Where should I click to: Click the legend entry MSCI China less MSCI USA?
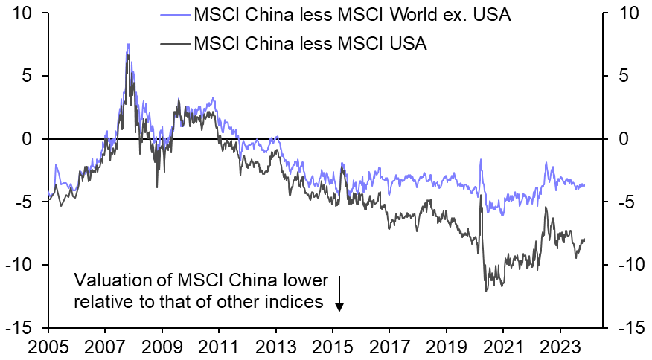[310, 44]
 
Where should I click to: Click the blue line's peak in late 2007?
[127, 45]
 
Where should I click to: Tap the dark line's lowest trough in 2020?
[486, 290]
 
